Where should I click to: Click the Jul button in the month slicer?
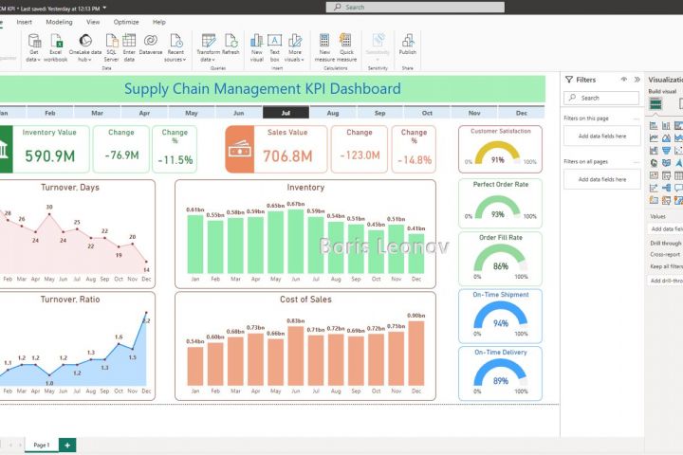pos(286,113)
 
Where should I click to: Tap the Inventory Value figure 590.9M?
pos(50,156)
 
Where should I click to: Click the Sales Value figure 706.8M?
pos(286,156)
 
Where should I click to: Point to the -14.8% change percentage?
pos(415,159)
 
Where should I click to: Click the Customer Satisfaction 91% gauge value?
pos(498,160)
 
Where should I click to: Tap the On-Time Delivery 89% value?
pos(500,381)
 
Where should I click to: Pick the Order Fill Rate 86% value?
pos(500,266)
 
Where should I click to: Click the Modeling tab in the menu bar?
pos(59,21)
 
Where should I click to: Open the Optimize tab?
pos(126,21)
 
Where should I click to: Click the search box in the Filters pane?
pos(600,98)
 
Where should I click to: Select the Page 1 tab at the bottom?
pos(41,444)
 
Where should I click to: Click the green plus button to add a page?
pos(66,444)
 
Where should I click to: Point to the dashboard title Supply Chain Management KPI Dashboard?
pos(262,89)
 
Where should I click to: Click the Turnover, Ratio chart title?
pos(70,300)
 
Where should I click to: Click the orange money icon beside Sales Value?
pos(240,149)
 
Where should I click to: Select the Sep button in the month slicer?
pos(379,113)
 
